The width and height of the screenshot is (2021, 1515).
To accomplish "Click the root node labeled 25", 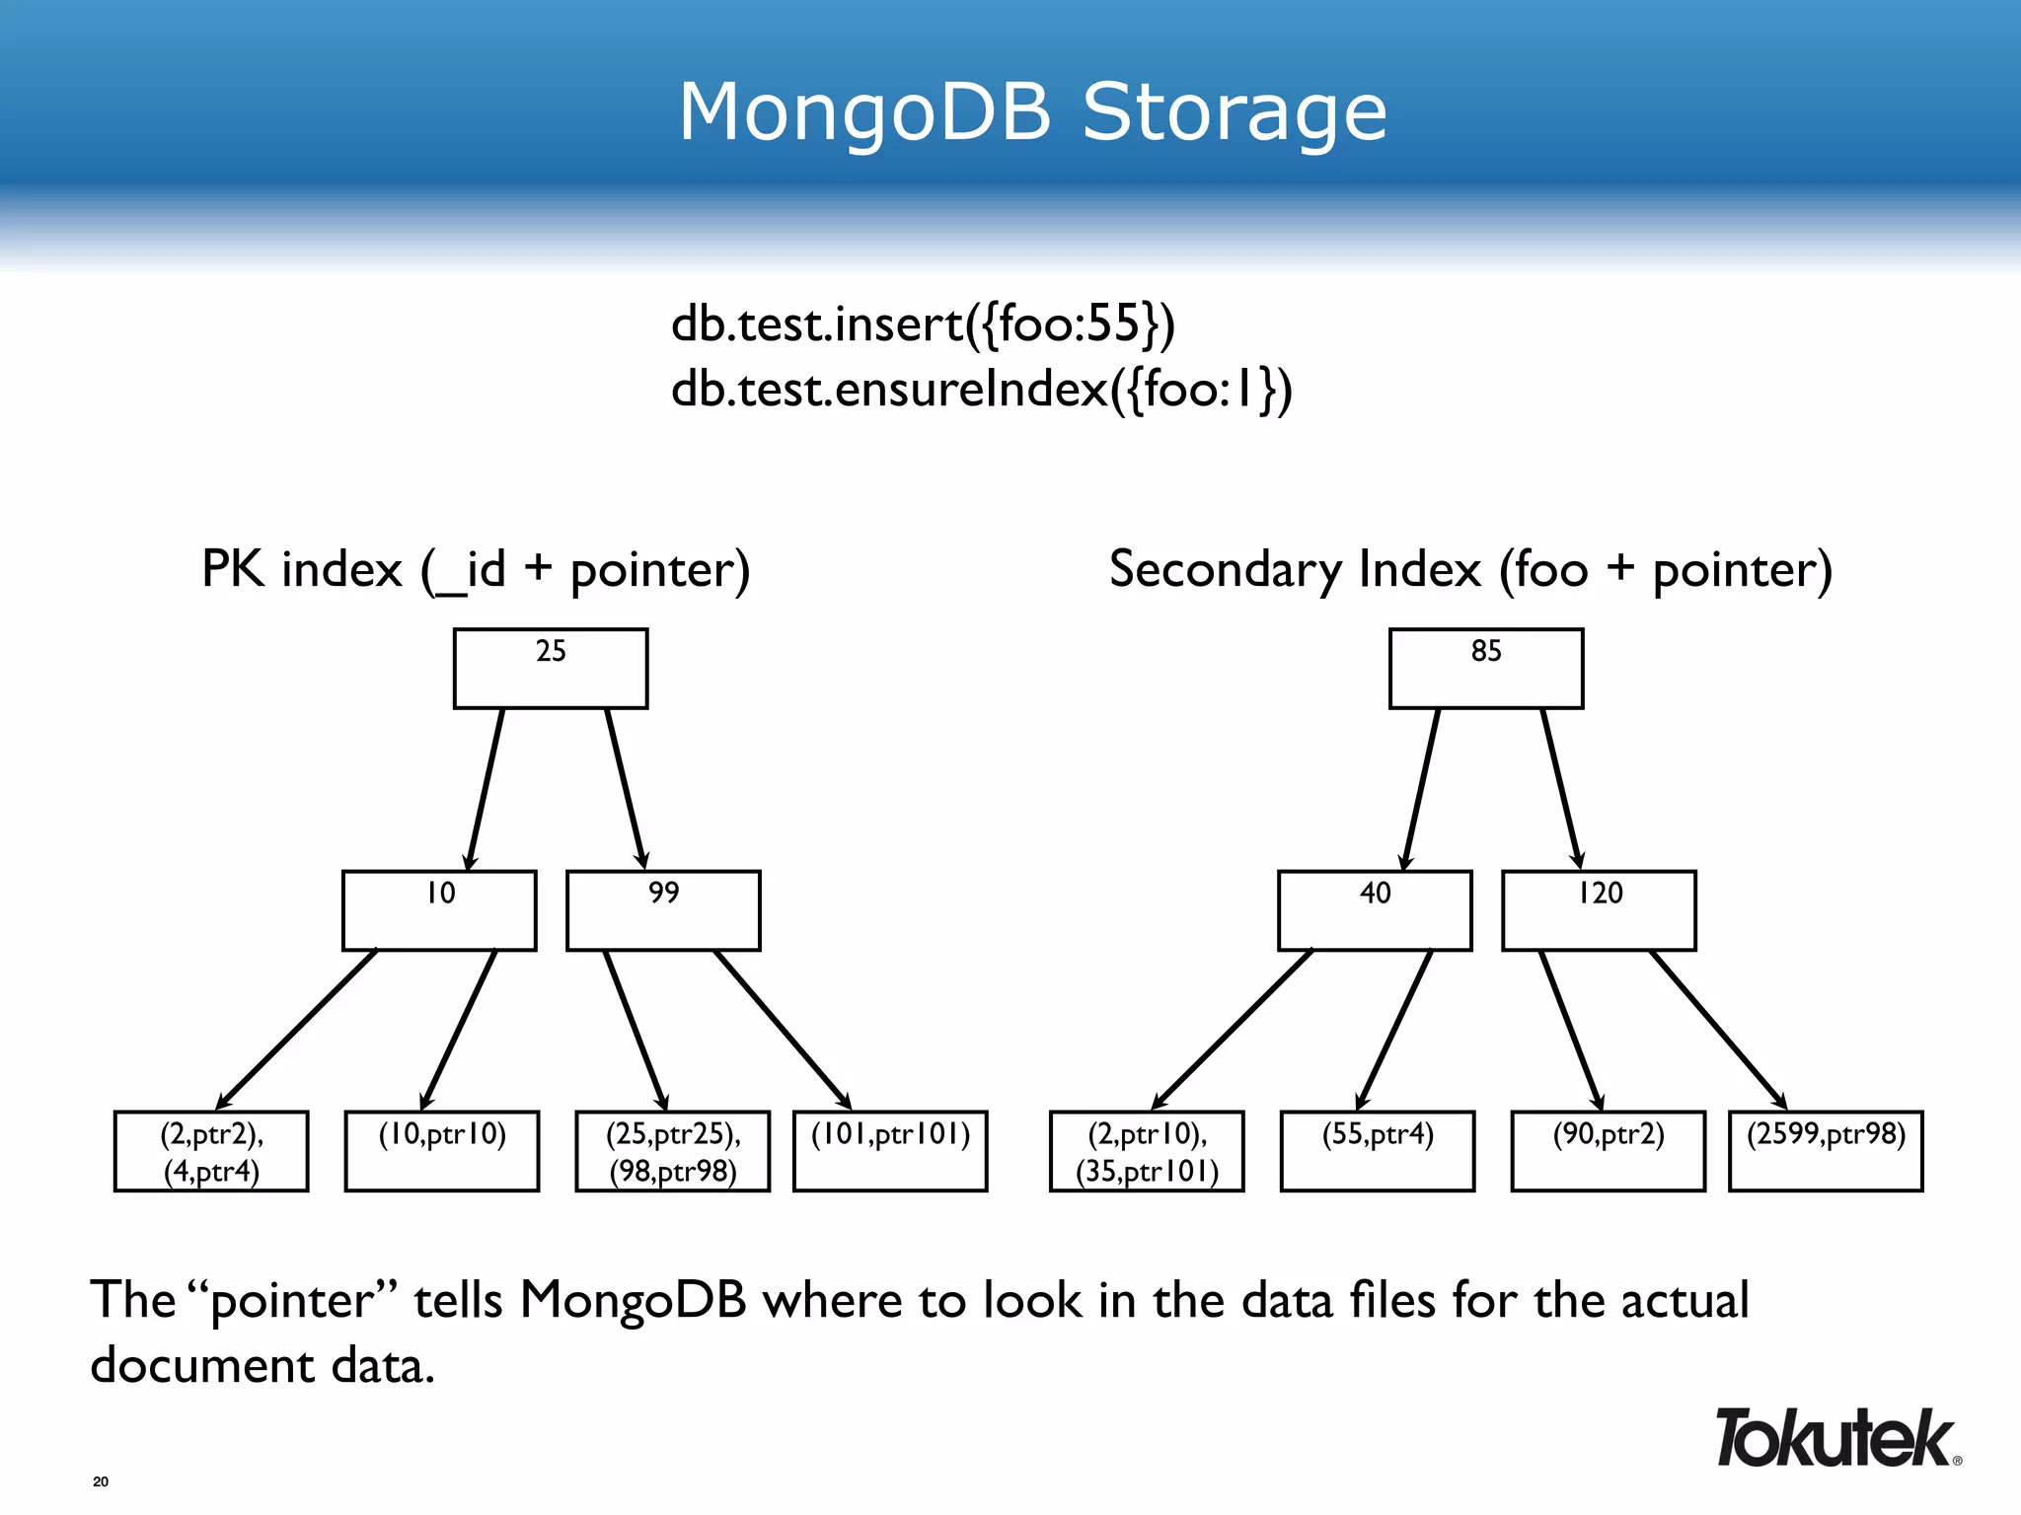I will pyautogui.click(x=551, y=668).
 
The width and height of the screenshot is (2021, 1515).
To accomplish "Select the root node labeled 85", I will pyautogui.click(x=1486, y=668).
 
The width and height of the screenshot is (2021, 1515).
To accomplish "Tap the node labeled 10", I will pyautogui.click(x=439, y=909).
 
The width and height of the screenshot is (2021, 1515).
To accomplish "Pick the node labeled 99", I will pyautogui.click(x=663, y=909).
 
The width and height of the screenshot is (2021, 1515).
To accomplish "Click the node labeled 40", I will pyautogui.click(x=1375, y=909).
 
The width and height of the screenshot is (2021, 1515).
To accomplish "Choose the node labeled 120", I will pyautogui.click(x=1599, y=909).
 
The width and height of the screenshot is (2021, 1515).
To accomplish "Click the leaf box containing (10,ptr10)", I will pyautogui.click(x=442, y=1151).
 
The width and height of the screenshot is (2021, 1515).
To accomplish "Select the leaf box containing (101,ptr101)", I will pyautogui.click(x=890, y=1151).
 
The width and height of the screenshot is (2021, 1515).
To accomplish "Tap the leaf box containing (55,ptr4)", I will pyautogui.click(x=1378, y=1151).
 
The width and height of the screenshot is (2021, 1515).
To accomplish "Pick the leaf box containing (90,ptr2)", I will pyautogui.click(x=1609, y=1151).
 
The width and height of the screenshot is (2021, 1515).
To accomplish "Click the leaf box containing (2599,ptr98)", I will pyautogui.click(x=1826, y=1151).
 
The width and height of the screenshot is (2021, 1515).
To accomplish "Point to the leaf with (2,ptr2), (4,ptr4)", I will pyautogui.click(x=211, y=1151).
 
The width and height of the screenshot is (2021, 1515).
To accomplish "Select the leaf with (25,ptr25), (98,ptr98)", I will pyautogui.click(x=673, y=1151).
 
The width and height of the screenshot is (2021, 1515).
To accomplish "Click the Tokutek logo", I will pyautogui.click(x=1835, y=1439).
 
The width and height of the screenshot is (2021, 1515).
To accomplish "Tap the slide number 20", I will pyautogui.click(x=101, y=1481).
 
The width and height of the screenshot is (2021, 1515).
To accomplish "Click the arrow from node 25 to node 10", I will pyautogui.click(x=486, y=789).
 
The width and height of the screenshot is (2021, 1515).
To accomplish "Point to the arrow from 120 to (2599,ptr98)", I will pyautogui.click(x=1719, y=1031).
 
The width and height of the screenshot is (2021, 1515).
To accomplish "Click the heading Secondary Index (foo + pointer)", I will pyautogui.click(x=1470, y=570).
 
